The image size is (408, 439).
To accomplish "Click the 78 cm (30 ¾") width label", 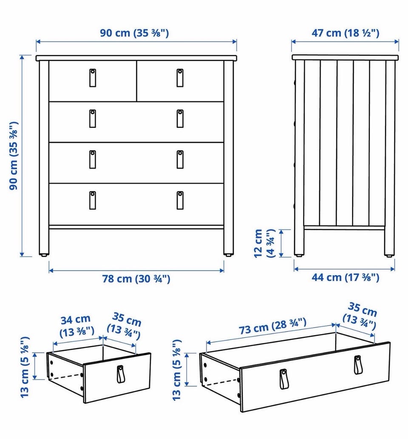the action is [136, 279].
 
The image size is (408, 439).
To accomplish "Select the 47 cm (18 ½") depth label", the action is [345, 33].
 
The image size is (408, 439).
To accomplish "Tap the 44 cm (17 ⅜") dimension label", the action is [345, 278].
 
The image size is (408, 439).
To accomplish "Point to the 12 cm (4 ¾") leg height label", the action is [264, 243].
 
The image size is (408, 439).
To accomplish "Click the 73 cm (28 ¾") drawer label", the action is [272, 326].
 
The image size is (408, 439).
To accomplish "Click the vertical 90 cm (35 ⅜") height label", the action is [14, 156].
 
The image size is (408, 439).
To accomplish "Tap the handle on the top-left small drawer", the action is [93, 77].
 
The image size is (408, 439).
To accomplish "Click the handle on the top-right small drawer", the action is [180, 77].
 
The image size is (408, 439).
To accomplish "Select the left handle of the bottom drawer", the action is [93, 200].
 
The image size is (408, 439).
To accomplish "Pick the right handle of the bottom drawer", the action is [180, 200].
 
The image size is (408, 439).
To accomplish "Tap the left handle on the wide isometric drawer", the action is [283, 379].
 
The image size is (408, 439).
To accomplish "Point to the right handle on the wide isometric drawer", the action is [357, 365].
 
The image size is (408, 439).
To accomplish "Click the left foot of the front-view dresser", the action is [44, 255].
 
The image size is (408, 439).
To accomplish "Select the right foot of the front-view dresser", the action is [229, 255].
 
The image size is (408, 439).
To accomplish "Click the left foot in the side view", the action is [299, 255].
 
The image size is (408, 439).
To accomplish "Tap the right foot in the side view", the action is [389, 255].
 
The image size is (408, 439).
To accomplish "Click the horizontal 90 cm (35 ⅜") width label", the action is [134, 33].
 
